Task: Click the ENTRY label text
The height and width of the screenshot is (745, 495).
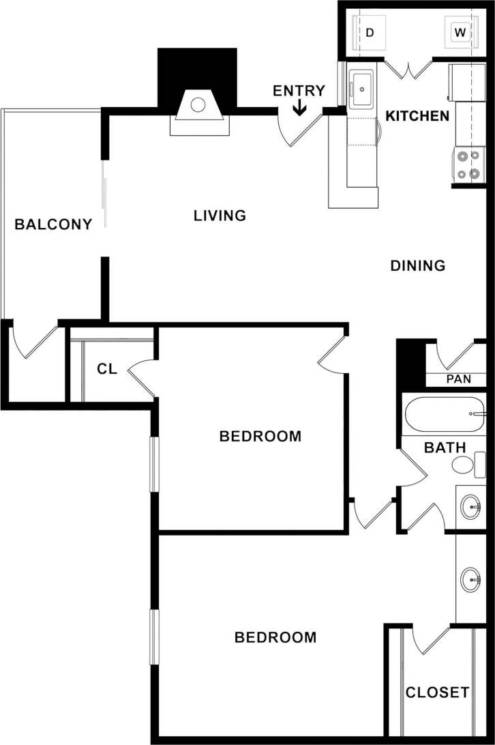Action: (299, 91)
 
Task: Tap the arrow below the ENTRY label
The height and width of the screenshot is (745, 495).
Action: (299, 108)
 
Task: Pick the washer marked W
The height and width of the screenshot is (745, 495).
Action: (460, 32)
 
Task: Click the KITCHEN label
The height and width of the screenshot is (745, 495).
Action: (417, 116)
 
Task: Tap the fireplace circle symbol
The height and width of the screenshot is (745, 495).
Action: (198, 105)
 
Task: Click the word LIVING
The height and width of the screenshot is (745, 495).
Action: (220, 216)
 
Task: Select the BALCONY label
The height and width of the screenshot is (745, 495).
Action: (53, 224)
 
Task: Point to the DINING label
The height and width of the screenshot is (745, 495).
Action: (417, 265)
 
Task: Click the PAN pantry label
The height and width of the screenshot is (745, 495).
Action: (458, 379)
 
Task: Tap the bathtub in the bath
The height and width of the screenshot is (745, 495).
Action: (444, 414)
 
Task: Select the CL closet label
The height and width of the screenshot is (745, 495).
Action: (107, 369)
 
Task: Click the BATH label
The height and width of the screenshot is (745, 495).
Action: (445, 448)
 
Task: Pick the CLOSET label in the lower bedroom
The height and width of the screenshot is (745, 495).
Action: (437, 692)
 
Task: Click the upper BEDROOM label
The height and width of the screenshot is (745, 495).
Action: (260, 436)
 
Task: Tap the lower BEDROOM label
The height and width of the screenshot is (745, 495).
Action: (275, 637)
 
